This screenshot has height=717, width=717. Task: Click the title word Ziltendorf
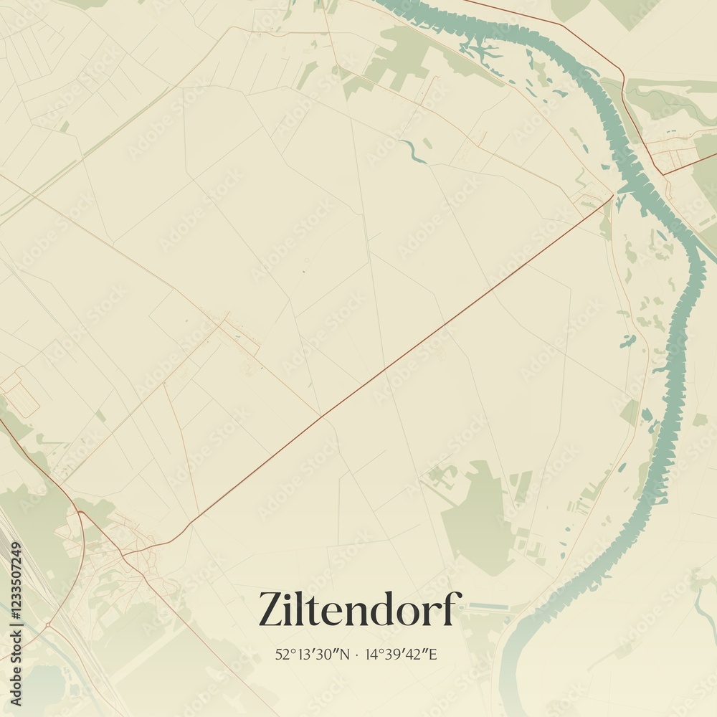[x=356, y=609]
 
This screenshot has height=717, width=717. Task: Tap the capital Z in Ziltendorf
[x=270, y=609]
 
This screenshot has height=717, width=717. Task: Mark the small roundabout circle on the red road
[x=48, y=626]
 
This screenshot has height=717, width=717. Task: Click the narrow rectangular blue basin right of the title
[x=488, y=606]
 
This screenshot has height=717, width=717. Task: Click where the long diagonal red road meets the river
[x=614, y=194]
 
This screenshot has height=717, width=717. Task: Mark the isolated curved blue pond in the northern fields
[x=414, y=151]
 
